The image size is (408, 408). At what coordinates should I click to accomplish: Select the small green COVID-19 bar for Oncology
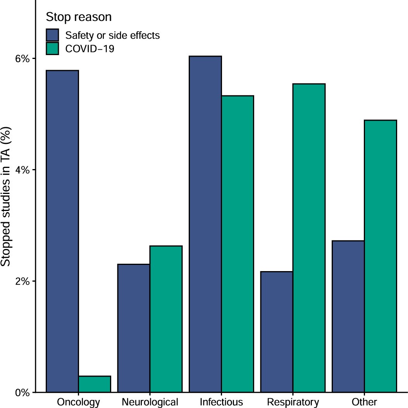[95, 384]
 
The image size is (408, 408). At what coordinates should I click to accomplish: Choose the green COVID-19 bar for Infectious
[238, 244]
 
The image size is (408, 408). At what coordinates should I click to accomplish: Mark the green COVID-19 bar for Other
[380, 256]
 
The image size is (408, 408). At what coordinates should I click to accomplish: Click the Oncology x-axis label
[78, 402]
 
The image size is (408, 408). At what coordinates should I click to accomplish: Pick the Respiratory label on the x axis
[293, 402]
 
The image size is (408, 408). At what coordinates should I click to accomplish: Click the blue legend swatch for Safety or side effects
[52, 35]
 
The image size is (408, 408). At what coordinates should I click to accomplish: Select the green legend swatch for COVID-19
[52, 49]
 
